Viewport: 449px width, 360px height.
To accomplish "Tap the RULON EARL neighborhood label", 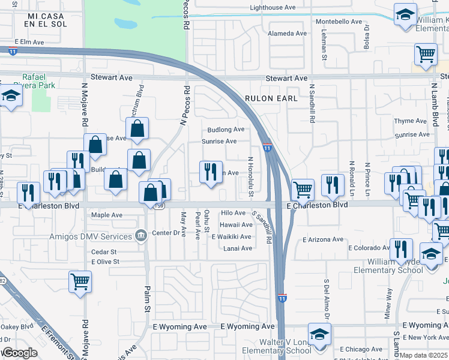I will [271, 98].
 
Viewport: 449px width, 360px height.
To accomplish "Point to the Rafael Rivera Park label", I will [38, 81].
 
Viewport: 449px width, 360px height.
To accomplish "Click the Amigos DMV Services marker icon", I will [141, 233].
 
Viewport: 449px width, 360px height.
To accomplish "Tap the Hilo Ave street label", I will [234, 213].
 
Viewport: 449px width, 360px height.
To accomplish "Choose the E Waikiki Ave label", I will [232, 237].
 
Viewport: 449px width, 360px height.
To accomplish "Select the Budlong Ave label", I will [226, 130].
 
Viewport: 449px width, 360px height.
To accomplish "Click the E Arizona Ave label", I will [323, 239].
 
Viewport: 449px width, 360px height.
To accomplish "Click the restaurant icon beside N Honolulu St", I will [211, 172].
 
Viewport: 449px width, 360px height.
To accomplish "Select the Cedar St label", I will [104, 252].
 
